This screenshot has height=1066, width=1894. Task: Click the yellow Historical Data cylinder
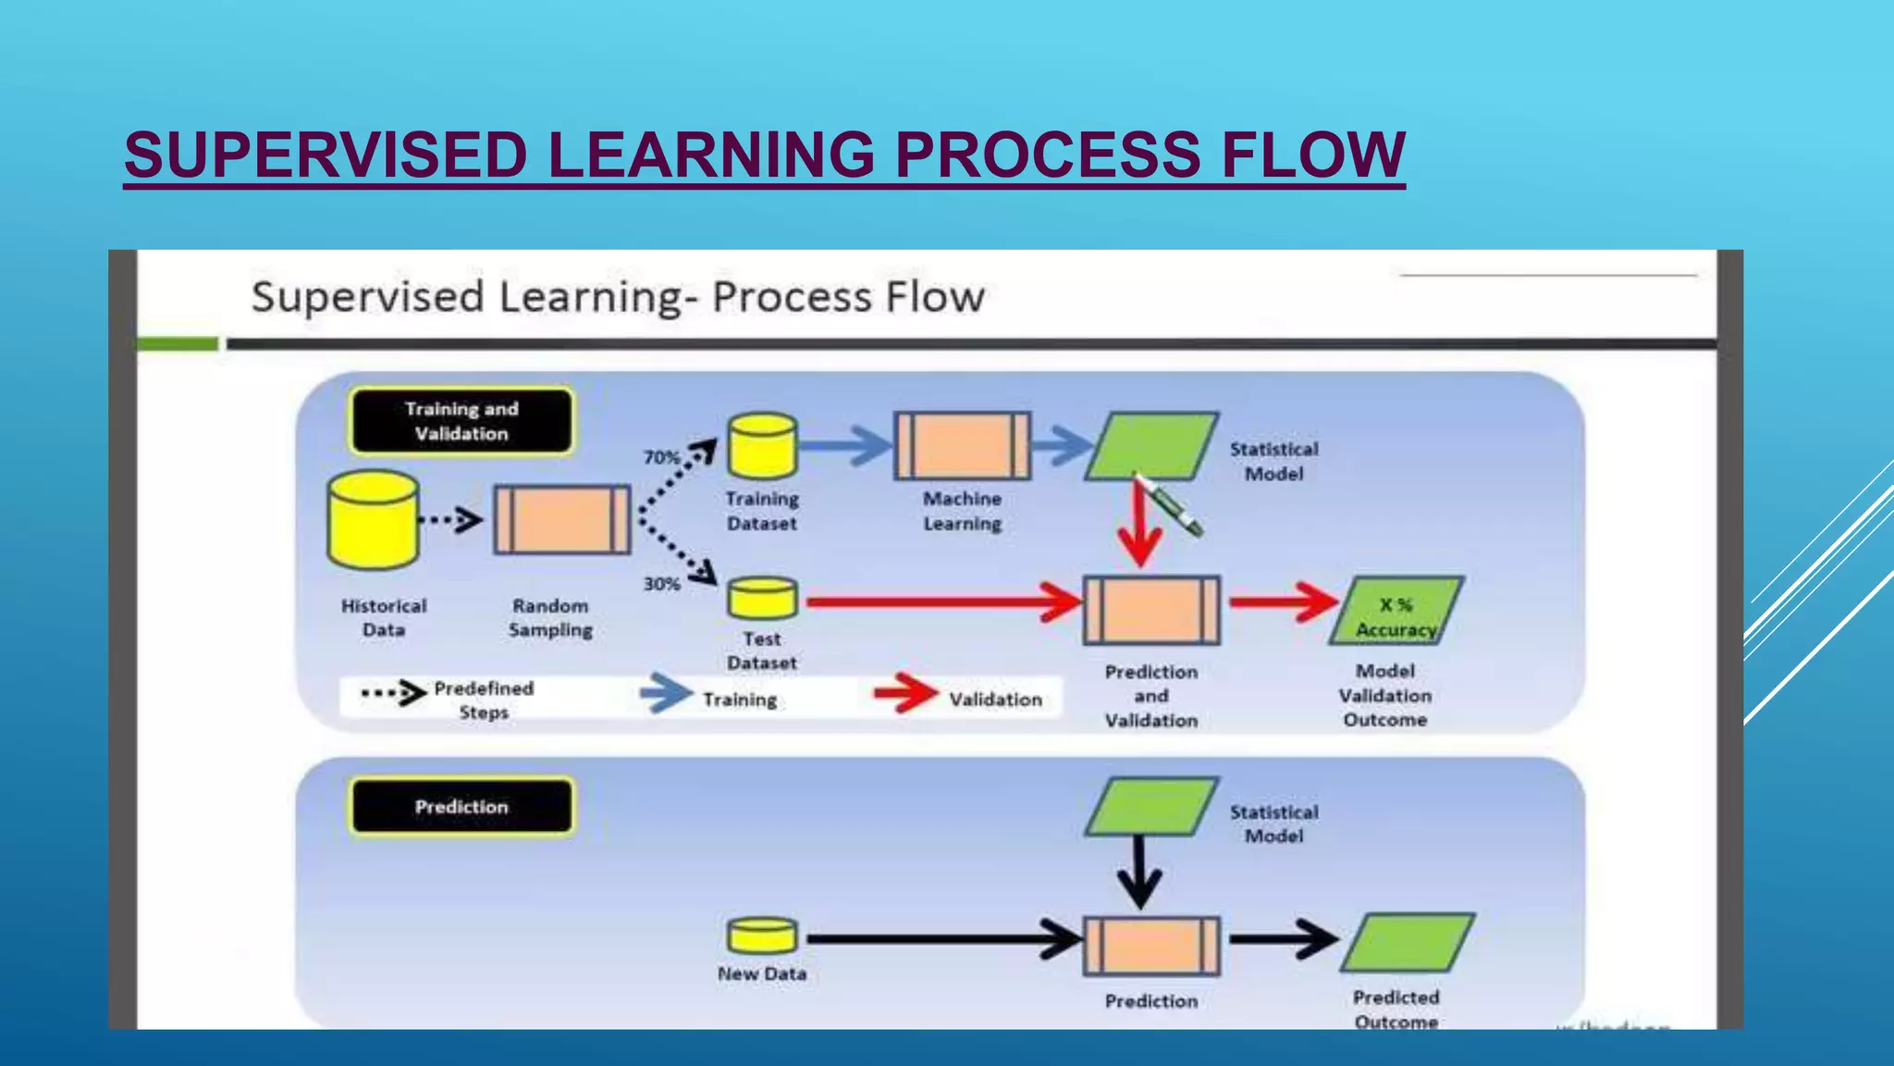click(373, 519)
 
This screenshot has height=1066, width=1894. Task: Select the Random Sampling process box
click(561, 519)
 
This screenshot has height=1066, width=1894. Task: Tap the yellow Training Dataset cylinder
click(762, 446)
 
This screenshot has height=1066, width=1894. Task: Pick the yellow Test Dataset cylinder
click(762, 599)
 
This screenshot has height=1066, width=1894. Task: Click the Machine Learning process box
click(962, 446)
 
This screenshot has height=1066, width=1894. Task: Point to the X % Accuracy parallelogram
click(1396, 612)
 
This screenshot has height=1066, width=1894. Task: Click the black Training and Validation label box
click(461, 421)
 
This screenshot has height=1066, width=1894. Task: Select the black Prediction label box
click(461, 807)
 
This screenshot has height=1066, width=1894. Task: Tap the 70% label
click(661, 457)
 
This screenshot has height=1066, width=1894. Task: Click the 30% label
click(661, 584)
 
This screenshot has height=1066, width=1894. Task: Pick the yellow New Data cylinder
click(762, 936)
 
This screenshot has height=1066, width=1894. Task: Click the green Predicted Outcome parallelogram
click(1408, 942)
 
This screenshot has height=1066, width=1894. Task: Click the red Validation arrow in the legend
click(905, 693)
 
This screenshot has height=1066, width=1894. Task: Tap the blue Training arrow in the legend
click(666, 693)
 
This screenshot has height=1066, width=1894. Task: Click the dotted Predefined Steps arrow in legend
click(393, 692)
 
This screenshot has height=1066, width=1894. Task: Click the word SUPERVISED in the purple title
click(326, 155)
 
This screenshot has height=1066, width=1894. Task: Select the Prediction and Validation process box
click(1151, 611)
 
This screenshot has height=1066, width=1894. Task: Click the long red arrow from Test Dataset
click(943, 602)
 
